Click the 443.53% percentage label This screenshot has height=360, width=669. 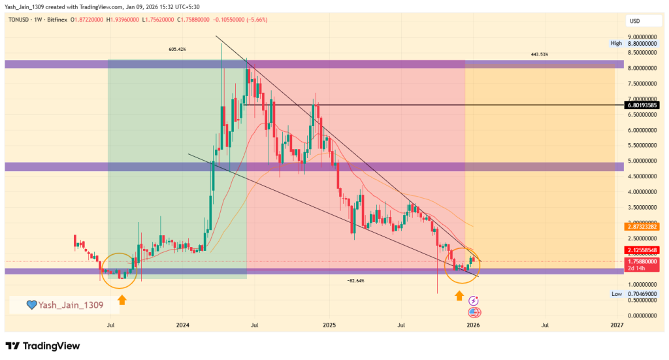(540, 54)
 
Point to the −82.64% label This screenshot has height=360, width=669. (356, 280)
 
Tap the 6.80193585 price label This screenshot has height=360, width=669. (642, 105)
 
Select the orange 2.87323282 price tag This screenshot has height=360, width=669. (642, 226)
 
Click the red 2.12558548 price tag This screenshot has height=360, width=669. (642, 250)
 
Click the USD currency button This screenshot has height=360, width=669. (634, 21)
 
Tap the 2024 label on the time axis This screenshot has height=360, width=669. (183, 325)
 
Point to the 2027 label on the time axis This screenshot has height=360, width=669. (616, 325)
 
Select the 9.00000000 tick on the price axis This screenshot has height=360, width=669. (642, 37)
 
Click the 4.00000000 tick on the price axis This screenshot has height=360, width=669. (642, 192)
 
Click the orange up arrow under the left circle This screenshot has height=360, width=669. (122, 301)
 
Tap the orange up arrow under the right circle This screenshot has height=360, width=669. (459, 297)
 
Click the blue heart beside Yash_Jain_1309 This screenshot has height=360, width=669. (31, 304)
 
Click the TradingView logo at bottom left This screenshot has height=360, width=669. (42, 346)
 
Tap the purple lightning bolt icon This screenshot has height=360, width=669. (473, 301)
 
